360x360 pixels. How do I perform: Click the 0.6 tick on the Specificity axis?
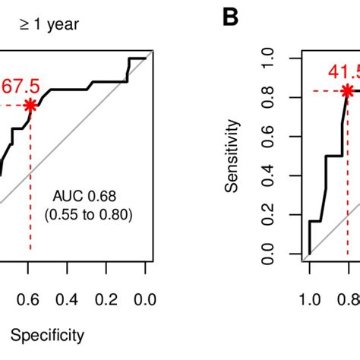[x=30, y=299]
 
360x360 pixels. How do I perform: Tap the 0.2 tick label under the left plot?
[x=107, y=299]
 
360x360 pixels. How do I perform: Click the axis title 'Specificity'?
[x=48, y=334]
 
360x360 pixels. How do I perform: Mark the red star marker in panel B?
[x=347, y=91]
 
